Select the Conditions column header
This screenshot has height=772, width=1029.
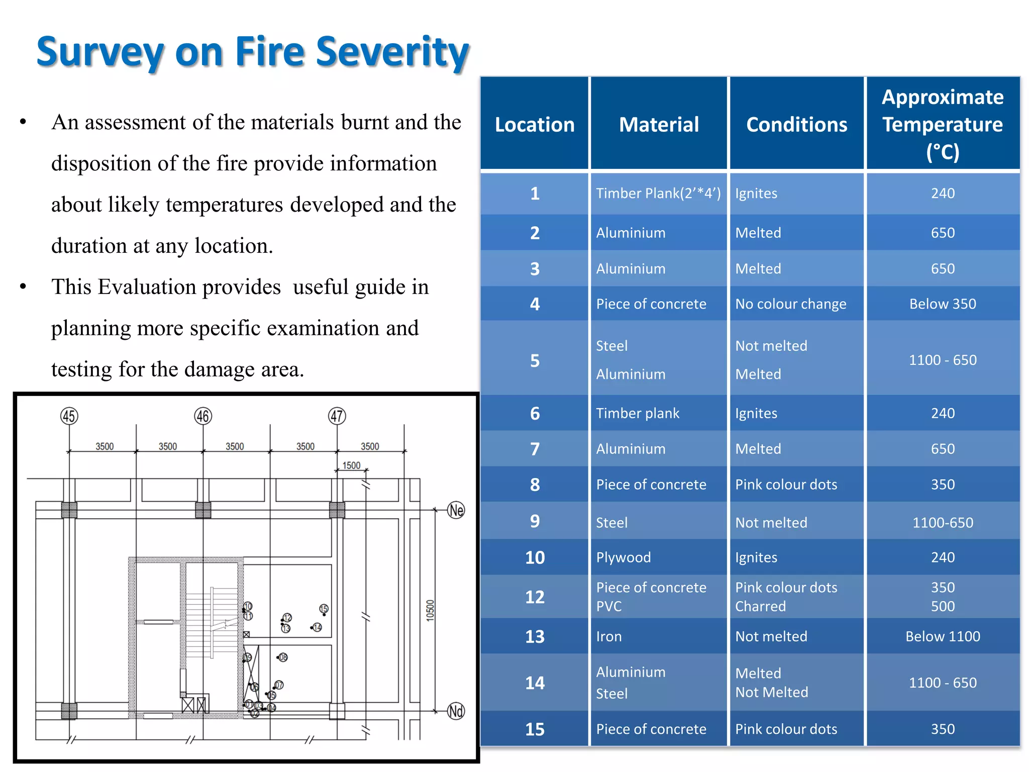(x=796, y=124)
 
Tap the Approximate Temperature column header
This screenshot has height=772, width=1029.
(x=942, y=124)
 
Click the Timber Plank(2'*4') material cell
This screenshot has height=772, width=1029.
(x=658, y=194)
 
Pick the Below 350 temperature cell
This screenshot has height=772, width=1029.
(x=942, y=304)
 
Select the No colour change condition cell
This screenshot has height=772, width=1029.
(x=790, y=304)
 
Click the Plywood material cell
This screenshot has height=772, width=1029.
(x=623, y=557)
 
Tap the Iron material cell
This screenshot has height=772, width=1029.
(x=608, y=637)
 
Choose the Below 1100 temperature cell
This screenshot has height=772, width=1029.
(x=942, y=637)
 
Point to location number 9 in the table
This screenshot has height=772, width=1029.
(x=535, y=521)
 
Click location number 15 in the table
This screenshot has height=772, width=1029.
(x=535, y=729)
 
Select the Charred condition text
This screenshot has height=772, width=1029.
(x=760, y=607)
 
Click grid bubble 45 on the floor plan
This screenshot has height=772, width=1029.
(x=69, y=416)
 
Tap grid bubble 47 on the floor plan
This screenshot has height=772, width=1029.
(x=337, y=416)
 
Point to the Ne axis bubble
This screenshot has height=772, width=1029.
(x=456, y=510)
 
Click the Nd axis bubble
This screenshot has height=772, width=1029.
(x=456, y=711)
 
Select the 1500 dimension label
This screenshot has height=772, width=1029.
(x=351, y=465)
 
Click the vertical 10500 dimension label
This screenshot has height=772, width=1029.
(x=430, y=611)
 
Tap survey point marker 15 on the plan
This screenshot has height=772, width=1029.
(x=324, y=609)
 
